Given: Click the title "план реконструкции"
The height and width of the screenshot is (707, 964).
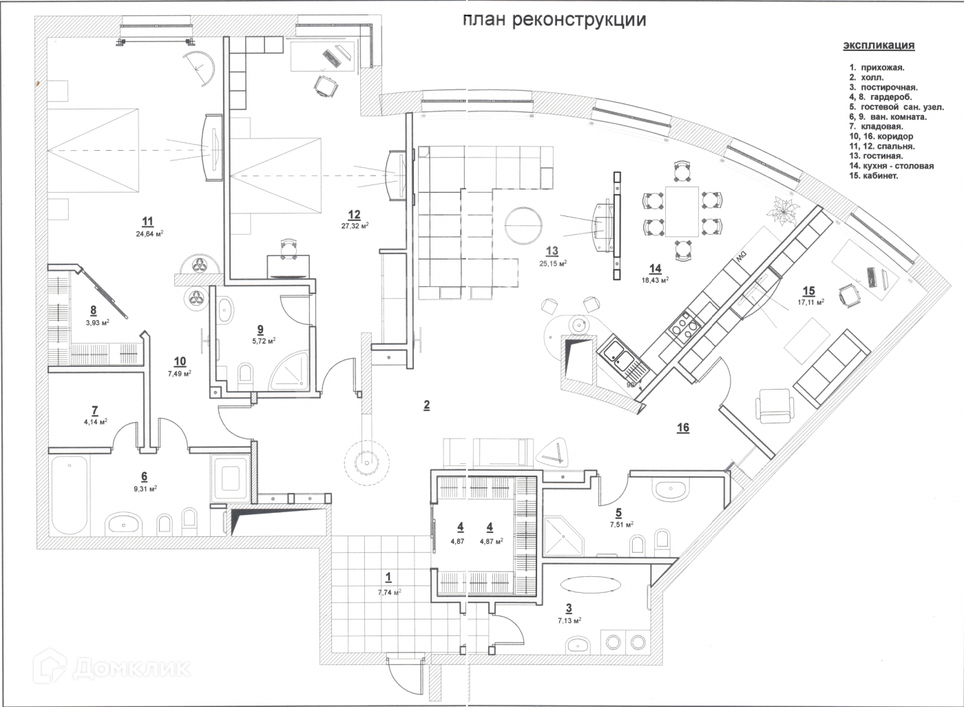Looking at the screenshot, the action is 554,19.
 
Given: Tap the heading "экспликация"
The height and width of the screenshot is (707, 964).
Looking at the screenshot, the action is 879,45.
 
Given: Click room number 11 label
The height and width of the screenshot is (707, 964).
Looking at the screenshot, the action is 147,221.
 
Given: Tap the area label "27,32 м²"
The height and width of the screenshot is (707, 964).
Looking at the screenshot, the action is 355,225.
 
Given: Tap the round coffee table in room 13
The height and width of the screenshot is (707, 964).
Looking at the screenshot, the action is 523,226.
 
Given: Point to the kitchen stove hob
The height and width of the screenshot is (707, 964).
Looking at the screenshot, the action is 683,325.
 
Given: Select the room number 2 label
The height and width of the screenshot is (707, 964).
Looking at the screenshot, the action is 426,405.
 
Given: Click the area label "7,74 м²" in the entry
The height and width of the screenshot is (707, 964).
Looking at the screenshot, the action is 389,592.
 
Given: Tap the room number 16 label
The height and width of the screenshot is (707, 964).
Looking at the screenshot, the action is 682,428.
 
